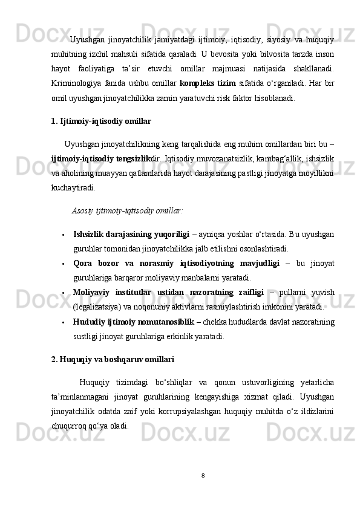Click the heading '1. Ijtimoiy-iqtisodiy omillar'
coord(102,122)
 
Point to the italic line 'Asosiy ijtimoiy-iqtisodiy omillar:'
coord(127,211)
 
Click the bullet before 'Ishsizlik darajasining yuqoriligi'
coord(63,234)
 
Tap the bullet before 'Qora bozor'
coord(63,264)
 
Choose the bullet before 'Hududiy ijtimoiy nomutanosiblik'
coord(63,322)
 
